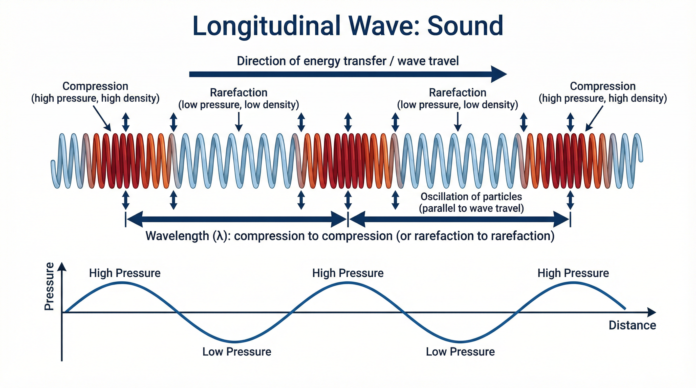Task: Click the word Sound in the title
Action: click(x=465, y=26)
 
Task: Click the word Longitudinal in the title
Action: click(x=266, y=27)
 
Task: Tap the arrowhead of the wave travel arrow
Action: click(x=499, y=74)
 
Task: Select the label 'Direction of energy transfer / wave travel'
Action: click(x=348, y=61)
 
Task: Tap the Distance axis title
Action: click(x=632, y=325)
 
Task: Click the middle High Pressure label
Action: click(x=348, y=273)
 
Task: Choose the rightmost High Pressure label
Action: click(x=573, y=273)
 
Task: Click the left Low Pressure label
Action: click(x=237, y=352)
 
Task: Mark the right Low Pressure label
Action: click(x=460, y=352)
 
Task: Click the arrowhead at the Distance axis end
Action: click(x=652, y=312)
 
